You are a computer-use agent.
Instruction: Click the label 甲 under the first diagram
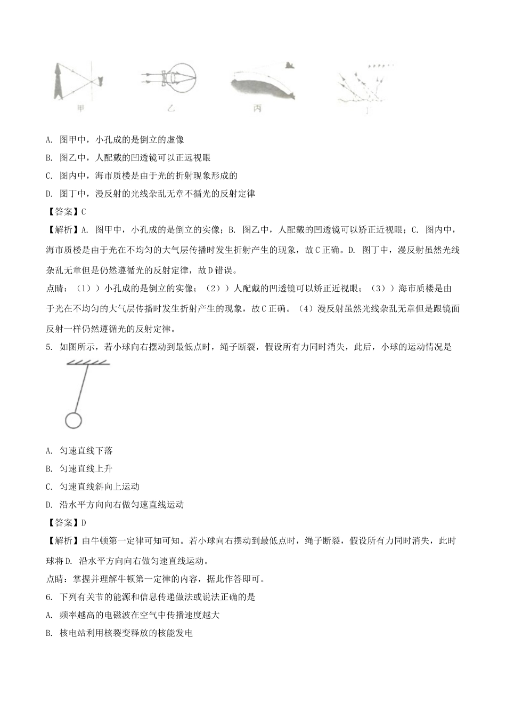click(81, 108)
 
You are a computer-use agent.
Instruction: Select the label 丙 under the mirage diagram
click(257, 108)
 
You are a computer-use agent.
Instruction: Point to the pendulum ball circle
click(73, 420)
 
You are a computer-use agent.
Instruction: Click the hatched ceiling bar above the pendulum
click(88, 363)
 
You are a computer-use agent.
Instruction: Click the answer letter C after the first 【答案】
click(84, 211)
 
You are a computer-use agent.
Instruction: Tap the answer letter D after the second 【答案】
click(84, 522)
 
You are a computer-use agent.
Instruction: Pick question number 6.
click(48, 597)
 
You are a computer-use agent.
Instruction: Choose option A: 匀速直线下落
click(79, 451)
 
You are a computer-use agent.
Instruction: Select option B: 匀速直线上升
click(79, 468)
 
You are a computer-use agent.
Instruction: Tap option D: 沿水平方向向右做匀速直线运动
click(115, 504)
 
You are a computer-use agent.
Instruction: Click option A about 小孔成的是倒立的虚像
click(115, 140)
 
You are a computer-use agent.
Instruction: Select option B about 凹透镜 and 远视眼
click(128, 157)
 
